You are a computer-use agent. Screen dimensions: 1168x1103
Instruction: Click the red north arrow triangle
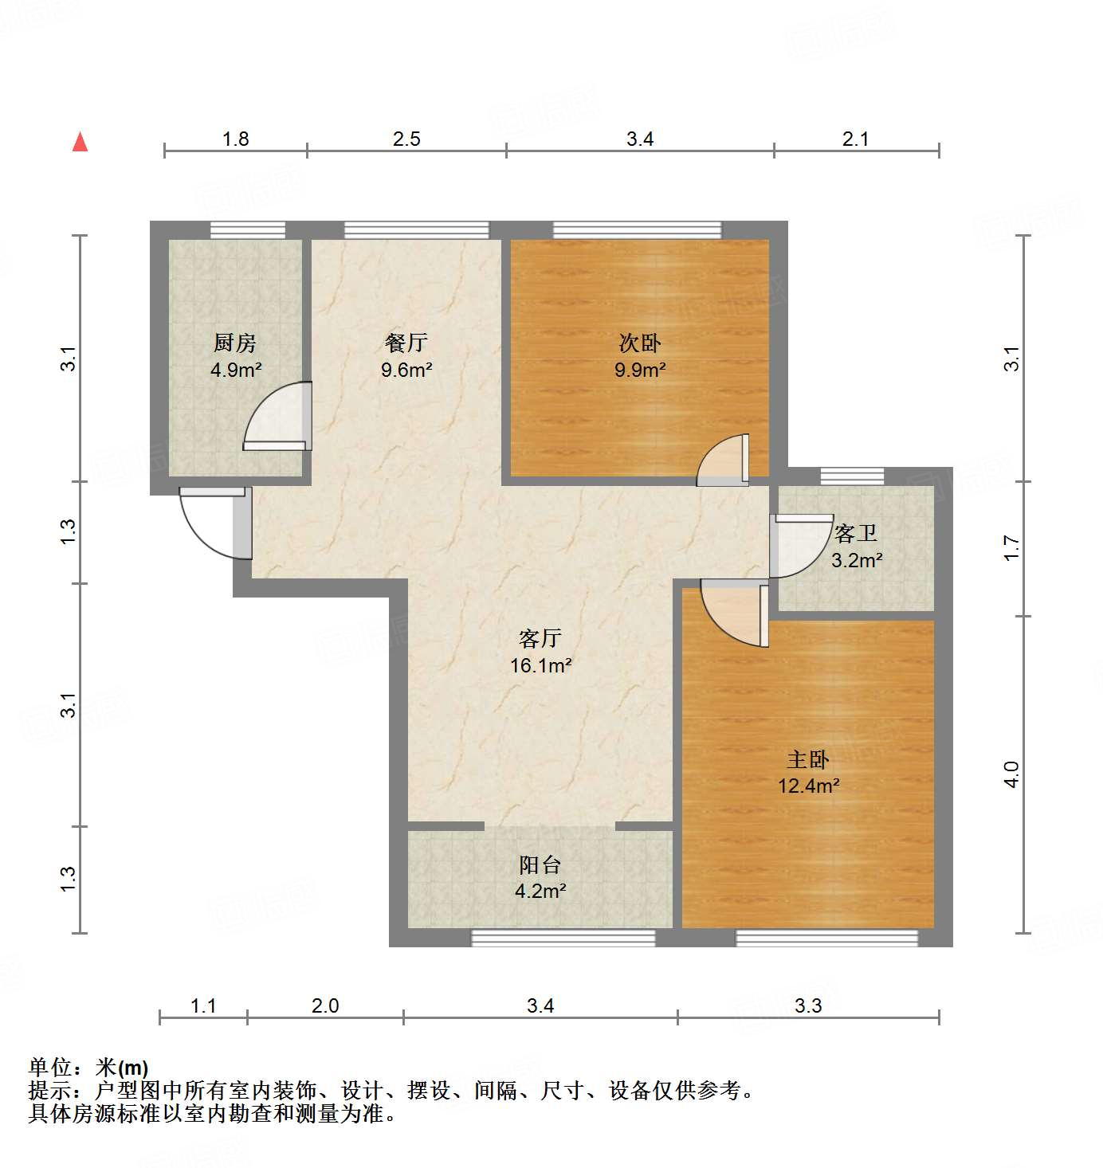pos(80,142)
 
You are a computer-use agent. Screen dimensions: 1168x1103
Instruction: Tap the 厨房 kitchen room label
pos(235,343)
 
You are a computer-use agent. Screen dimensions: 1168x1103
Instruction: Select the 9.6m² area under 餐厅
pos(406,370)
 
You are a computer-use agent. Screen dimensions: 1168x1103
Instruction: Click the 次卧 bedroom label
pos(640,343)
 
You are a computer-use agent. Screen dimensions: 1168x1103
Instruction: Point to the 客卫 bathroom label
pos(856,533)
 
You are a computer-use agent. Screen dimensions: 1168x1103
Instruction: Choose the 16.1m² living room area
pos(540,665)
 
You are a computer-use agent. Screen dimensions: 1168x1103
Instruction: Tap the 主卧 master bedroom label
pos(808,759)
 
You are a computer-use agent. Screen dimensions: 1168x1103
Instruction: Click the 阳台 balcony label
pos(540,864)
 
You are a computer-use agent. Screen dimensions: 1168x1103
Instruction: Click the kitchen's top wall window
pos(247,230)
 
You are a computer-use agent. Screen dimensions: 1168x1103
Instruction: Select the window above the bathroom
pos(852,476)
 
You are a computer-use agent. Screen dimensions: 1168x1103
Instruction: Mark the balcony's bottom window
pos(563,938)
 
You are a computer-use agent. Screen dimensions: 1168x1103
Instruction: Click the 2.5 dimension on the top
pos(406,139)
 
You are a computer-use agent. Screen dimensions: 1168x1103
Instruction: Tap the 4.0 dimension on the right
pos(1011,774)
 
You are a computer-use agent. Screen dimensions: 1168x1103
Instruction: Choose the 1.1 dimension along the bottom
pos(203,1006)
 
